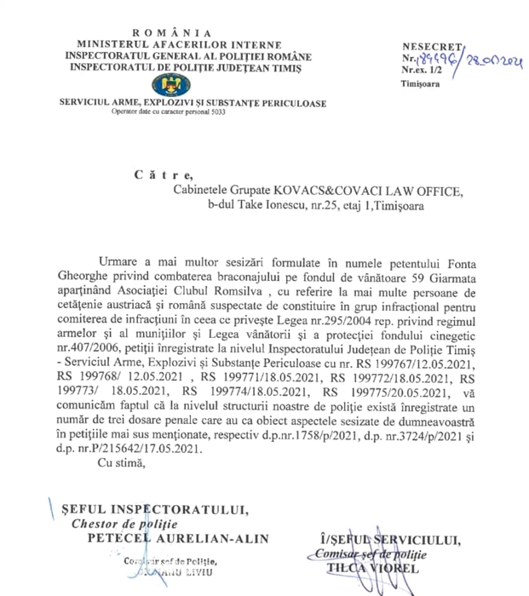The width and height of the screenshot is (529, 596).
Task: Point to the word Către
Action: pyautogui.click(x=156, y=175)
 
